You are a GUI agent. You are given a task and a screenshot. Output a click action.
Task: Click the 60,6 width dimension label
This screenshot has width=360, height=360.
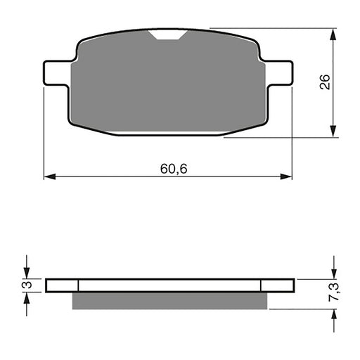click(168, 169)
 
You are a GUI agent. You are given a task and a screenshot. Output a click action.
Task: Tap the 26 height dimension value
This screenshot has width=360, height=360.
click(324, 83)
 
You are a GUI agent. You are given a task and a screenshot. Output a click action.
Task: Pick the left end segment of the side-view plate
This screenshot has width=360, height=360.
click(62, 285)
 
